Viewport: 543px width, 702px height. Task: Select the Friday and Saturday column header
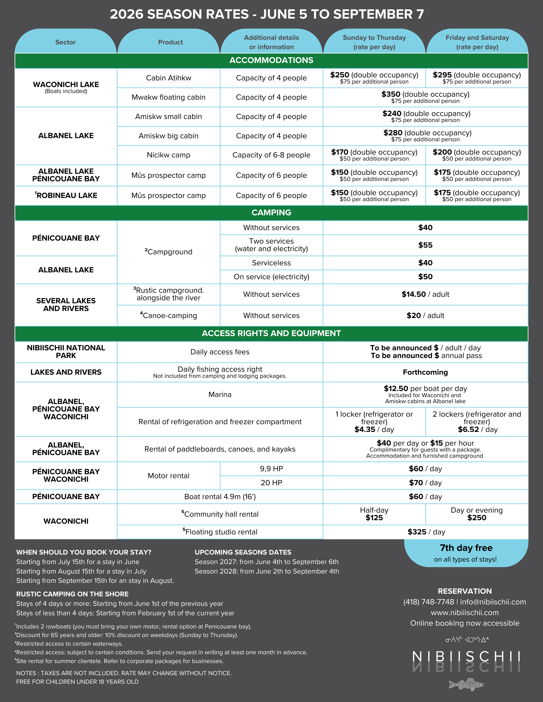pyautogui.click(x=477, y=42)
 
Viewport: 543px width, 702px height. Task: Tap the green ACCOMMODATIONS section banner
pyautogui.click(x=271, y=60)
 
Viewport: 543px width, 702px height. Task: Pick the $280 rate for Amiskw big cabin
pyautogui.click(x=393, y=133)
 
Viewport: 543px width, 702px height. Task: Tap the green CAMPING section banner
pyautogui.click(x=271, y=213)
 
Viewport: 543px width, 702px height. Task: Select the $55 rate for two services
pyautogui.click(x=425, y=245)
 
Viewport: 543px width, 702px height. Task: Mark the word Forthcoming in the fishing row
pyautogui.click(x=425, y=372)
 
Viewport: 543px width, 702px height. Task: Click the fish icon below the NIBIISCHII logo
pyautogui.click(x=466, y=684)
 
